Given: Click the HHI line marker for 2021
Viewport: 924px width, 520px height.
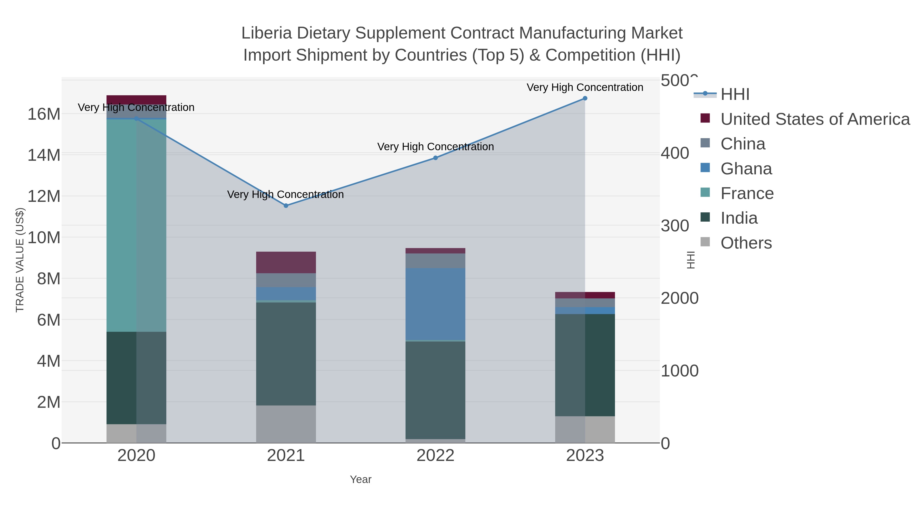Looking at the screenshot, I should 286,206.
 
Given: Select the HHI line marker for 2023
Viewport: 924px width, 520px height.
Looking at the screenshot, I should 585,98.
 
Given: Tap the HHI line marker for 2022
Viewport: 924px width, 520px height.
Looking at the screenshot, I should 436,158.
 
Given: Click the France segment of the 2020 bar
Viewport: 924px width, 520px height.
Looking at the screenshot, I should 136,225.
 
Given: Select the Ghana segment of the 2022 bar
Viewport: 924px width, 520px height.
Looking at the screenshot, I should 436,304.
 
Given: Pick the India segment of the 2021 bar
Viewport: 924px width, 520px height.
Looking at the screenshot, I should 286,354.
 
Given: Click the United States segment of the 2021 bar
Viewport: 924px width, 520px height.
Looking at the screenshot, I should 286,262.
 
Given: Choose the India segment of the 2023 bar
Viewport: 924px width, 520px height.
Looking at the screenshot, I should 585,365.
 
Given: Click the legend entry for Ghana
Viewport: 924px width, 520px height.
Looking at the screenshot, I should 746,169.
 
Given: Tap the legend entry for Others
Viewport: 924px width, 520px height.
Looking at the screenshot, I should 746,243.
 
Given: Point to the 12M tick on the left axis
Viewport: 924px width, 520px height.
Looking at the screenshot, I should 44,196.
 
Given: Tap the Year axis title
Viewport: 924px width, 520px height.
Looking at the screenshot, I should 361,479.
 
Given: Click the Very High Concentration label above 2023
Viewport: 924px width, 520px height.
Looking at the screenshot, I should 585,88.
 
